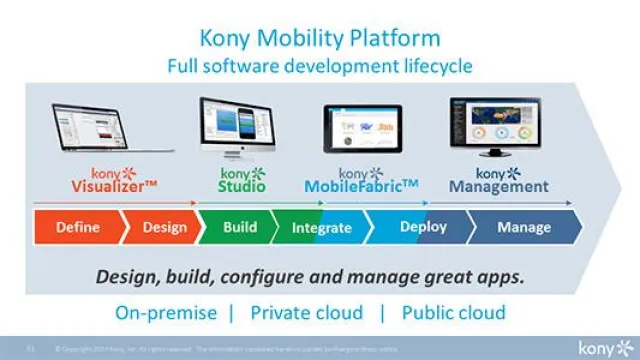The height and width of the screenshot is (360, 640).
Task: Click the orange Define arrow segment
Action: (x=77, y=227)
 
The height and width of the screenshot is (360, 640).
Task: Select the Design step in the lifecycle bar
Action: (x=164, y=227)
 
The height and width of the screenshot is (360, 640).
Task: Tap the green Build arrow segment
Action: (x=239, y=227)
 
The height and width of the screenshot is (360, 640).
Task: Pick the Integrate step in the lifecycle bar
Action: (x=321, y=228)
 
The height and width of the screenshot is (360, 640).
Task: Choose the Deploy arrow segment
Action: (x=422, y=227)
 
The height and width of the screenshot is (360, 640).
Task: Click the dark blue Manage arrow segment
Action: (x=523, y=227)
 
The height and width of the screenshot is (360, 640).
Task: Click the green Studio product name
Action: (x=242, y=186)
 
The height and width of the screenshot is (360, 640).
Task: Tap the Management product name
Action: (x=498, y=186)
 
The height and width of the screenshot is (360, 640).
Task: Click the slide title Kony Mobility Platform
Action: (x=320, y=39)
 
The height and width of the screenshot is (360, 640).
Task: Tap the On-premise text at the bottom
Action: (x=165, y=312)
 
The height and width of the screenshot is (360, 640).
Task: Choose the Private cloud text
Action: (x=306, y=312)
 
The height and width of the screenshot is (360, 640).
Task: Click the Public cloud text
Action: (x=453, y=312)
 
